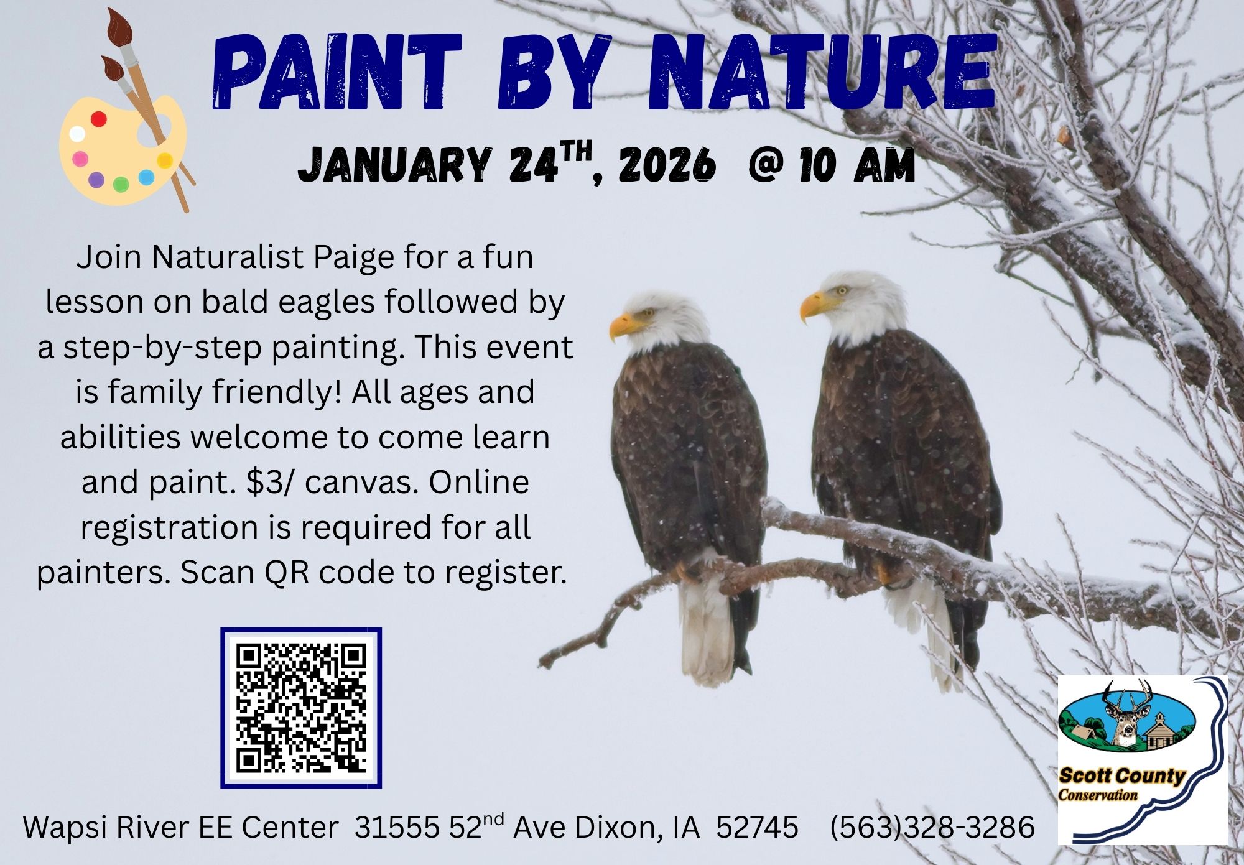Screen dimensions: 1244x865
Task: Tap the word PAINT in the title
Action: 337,73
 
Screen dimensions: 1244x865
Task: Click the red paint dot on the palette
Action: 99,119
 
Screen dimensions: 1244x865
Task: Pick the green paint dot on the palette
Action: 121,184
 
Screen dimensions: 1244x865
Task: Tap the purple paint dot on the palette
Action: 96,180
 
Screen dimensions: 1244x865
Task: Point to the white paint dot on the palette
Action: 77,133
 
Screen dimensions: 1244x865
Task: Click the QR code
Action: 301,708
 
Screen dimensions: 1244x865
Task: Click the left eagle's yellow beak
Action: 622,326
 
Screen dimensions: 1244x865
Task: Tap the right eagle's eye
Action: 842,290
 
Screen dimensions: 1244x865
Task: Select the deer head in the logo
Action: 1123,715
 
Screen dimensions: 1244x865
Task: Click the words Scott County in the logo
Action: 1121,775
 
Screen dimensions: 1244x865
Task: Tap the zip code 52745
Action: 757,827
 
